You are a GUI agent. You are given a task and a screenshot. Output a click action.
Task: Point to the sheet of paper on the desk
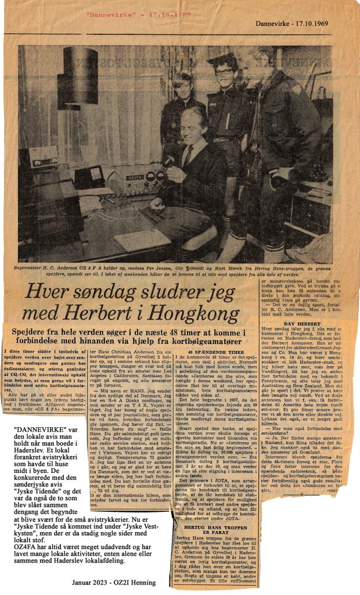point(139,239)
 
